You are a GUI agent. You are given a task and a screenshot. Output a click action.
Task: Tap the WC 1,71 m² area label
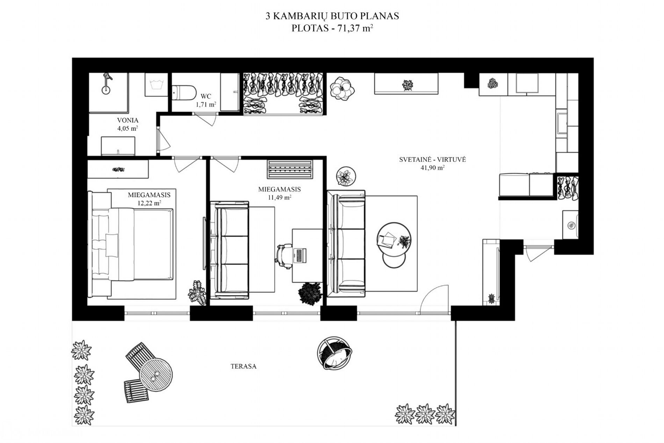206,100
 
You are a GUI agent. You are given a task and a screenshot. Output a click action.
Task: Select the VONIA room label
128,120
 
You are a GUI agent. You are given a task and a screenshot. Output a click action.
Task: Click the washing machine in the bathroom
156,85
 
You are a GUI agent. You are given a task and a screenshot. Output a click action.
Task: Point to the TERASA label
244,366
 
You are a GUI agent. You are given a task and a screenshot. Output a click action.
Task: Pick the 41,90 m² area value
432,167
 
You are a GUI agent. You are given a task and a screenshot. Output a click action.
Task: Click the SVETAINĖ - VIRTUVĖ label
432,160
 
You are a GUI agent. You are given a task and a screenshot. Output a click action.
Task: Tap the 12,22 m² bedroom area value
149,203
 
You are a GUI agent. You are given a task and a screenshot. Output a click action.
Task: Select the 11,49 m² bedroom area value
280,197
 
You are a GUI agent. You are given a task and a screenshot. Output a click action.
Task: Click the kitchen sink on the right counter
562,122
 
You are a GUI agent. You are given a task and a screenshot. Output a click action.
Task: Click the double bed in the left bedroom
133,244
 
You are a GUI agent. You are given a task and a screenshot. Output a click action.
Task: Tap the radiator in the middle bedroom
289,170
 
